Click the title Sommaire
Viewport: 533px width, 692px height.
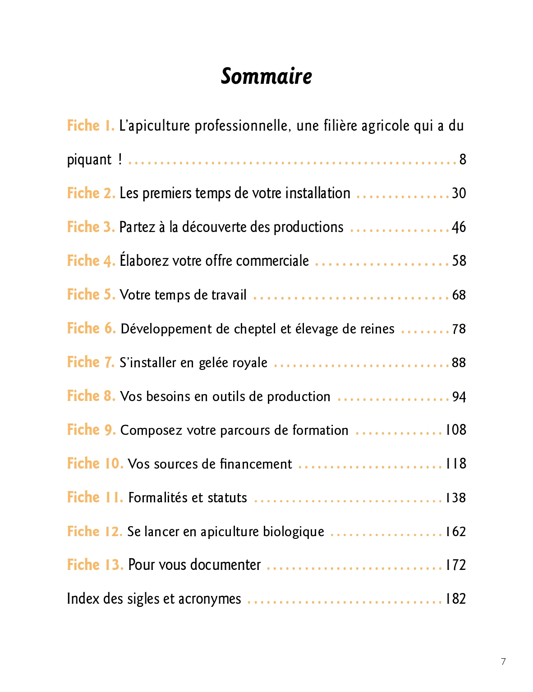[x=266, y=76]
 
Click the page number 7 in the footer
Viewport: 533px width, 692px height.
[x=503, y=661]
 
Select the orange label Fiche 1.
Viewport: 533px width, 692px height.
[x=91, y=126]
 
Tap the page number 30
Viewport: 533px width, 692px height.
[x=459, y=193]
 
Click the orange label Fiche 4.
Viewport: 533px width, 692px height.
[x=91, y=261]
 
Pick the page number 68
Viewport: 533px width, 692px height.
[x=459, y=295]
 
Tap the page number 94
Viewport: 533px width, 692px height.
[x=459, y=397]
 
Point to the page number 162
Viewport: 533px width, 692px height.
[x=456, y=532]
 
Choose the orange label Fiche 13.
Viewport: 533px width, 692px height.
[x=95, y=565]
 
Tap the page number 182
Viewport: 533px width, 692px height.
[x=456, y=599]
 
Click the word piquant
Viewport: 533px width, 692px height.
[x=89, y=160]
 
